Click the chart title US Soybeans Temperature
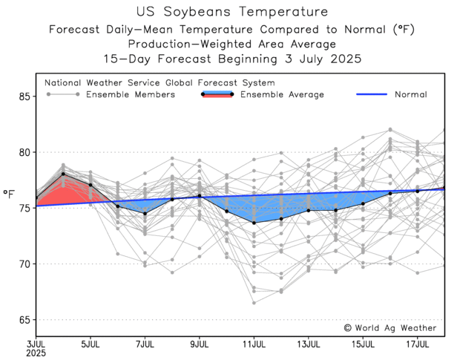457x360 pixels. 232,12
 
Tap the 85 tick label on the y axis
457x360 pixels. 24,96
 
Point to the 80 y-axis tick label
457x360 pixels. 24,152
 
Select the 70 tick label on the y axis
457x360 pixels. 24,264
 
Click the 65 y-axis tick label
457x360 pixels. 24,320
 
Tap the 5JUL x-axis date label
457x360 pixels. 91,344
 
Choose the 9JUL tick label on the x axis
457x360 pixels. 200,344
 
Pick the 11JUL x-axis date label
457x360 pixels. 254,344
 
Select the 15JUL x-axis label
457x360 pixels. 364,344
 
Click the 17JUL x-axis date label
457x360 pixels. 418,344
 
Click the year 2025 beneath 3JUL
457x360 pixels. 36,354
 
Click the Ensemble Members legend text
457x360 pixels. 131,95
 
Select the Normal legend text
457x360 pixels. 410,95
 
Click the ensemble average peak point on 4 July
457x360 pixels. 63,174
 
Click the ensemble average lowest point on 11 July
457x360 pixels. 254,223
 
